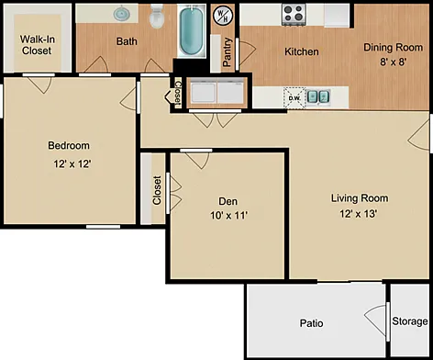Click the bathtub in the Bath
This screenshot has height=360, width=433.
[192, 30]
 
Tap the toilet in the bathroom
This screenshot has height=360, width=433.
[157, 17]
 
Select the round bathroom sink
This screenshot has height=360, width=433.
[122, 14]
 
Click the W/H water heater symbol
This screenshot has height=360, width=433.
[223, 16]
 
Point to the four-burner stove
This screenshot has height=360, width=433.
[294, 15]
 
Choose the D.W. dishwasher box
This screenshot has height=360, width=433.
[294, 98]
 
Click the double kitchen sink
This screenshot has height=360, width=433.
[318, 96]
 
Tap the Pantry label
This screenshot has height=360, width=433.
[227, 52]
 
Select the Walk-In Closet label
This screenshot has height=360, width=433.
[37, 45]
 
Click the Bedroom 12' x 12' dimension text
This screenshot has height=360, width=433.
[72, 164]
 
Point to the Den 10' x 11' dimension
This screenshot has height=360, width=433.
[228, 216]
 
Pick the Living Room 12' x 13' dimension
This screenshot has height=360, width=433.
[358, 214]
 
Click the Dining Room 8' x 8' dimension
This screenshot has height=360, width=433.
[393, 62]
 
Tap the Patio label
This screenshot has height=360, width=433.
[311, 323]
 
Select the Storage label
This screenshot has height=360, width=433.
[410, 321]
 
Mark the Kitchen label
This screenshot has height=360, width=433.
[302, 51]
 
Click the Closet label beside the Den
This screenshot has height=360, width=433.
[157, 190]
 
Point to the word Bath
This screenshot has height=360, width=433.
[127, 41]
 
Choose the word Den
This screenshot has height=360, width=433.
[228, 201]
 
